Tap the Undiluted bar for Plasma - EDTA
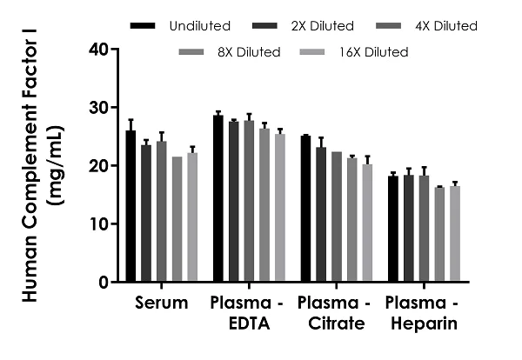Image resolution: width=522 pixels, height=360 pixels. [x=218, y=199]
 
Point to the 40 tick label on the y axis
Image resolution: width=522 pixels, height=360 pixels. [x=97, y=50]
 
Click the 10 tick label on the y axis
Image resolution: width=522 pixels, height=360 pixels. [x=97, y=224]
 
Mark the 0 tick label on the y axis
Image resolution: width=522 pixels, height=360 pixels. [x=103, y=283]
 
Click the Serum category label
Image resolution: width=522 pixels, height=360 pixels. [x=162, y=304]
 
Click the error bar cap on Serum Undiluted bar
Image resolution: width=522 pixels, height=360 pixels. [x=130, y=120]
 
